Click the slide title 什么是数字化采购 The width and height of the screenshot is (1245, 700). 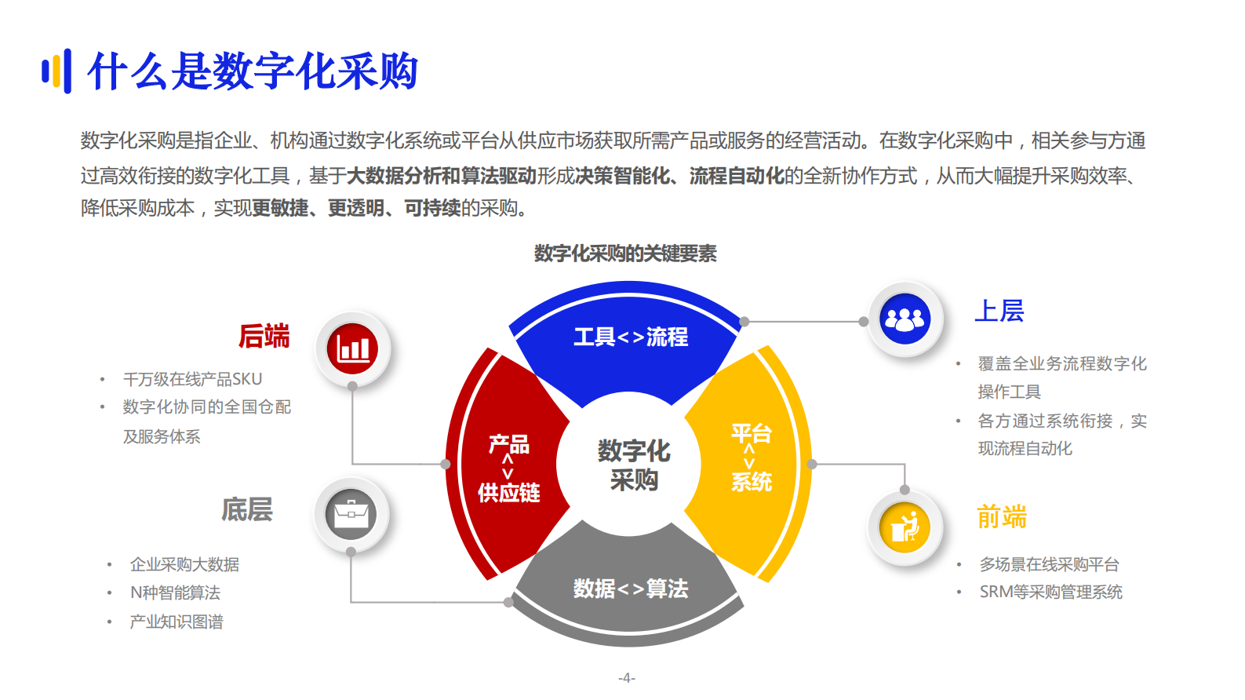click(253, 71)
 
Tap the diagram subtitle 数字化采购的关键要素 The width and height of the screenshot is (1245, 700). click(625, 253)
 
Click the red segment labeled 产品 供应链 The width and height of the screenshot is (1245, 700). click(508, 468)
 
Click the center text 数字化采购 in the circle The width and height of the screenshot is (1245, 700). click(633, 465)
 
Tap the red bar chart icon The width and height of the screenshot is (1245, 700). click(353, 349)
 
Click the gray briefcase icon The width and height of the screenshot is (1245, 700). click(351, 515)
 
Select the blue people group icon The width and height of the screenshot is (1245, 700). click(905, 319)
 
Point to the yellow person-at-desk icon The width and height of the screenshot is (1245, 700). click(905, 527)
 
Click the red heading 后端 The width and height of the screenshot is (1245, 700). click(264, 336)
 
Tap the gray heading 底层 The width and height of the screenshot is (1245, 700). click(246, 509)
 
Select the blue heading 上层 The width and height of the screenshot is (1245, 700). click(999, 311)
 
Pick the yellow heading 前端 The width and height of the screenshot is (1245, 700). click(1002, 517)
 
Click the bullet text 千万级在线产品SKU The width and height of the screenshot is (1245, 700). click(192, 379)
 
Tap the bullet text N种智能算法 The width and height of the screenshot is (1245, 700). click(175, 592)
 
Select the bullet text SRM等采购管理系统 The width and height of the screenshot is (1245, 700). click(1050, 592)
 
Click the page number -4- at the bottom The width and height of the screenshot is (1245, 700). click(626, 678)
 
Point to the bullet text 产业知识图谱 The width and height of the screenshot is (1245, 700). click(177, 622)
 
